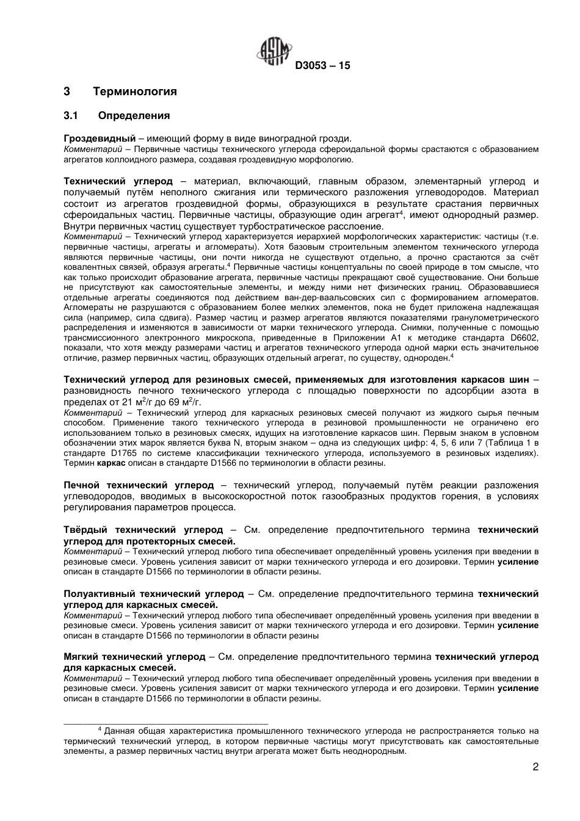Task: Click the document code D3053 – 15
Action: point(322,66)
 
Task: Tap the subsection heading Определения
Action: point(134,115)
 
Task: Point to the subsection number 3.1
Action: point(72,115)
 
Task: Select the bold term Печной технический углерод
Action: point(139,485)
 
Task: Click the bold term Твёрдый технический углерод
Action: point(143,530)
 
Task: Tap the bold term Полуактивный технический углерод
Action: point(154,593)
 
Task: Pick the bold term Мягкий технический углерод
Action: point(134,657)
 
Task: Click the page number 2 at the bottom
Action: point(535,767)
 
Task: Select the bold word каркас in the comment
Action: point(112,463)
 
